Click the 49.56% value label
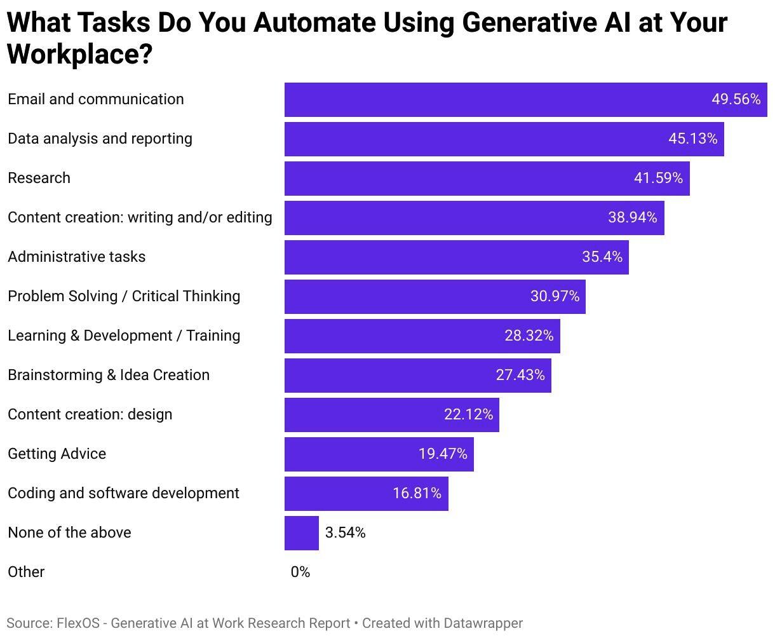(736, 99)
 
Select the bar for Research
(487, 178)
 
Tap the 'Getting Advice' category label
(57, 454)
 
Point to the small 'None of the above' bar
(301, 533)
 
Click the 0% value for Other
(300, 572)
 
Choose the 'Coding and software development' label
(123, 493)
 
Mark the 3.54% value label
(346, 533)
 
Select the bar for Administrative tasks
(456, 257)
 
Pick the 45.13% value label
(692, 139)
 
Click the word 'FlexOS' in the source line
(77, 623)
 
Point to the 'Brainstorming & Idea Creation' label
(109, 375)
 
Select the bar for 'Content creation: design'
(391, 414)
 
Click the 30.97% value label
(555, 296)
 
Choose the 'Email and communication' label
(96, 99)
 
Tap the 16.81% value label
(417, 493)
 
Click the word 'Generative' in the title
(532, 23)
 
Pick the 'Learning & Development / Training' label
(124, 336)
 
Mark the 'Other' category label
(26, 572)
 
